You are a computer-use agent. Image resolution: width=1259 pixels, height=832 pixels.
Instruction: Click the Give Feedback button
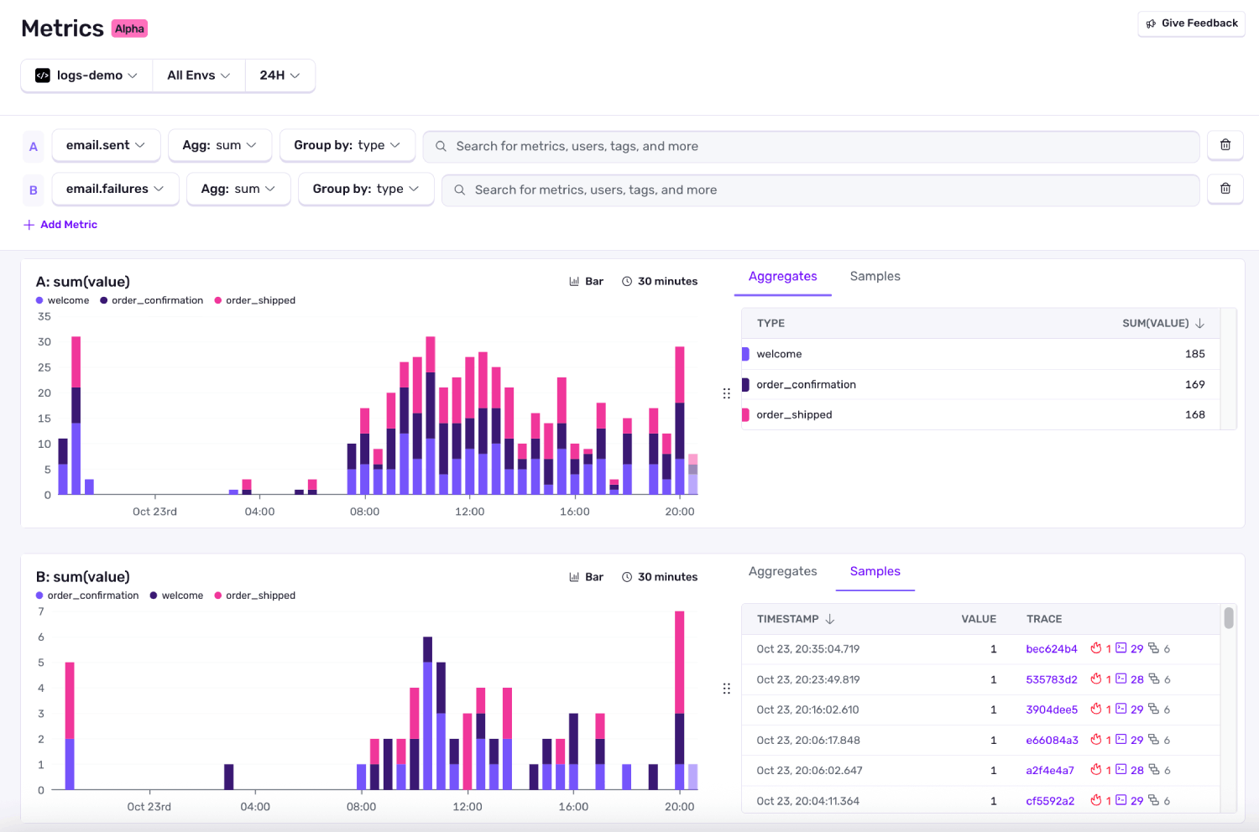(1191, 23)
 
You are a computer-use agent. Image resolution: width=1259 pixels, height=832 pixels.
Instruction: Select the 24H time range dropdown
(279, 75)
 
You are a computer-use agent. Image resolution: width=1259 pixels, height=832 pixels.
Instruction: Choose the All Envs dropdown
(198, 75)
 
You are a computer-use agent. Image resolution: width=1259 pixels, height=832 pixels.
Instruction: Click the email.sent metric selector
(105, 145)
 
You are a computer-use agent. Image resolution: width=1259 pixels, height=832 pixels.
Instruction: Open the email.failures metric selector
(115, 189)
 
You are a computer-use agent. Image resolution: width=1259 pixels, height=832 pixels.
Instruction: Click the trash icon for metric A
(1225, 145)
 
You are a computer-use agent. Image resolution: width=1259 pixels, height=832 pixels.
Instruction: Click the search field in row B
(819, 190)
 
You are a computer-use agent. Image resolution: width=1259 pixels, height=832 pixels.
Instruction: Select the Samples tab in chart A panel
(875, 277)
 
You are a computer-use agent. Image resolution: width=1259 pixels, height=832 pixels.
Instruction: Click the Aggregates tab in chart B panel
(782, 571)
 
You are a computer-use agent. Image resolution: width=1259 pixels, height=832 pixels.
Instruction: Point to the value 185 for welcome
(1194, 354)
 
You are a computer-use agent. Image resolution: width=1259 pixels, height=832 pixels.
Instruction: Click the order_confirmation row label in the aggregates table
(806, 384)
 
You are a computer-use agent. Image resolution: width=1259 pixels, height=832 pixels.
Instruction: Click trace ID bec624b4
(1051, 649)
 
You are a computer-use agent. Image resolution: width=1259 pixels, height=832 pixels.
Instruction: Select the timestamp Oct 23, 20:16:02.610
(807, 710)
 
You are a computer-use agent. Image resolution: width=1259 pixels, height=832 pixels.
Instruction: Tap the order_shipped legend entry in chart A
(259, 300)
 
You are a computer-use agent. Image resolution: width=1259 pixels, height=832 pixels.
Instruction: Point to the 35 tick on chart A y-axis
(44, 316)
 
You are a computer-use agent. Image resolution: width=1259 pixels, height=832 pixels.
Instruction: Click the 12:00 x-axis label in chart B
(468, 807)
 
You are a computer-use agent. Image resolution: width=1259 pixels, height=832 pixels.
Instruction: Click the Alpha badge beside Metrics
(129, 29)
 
